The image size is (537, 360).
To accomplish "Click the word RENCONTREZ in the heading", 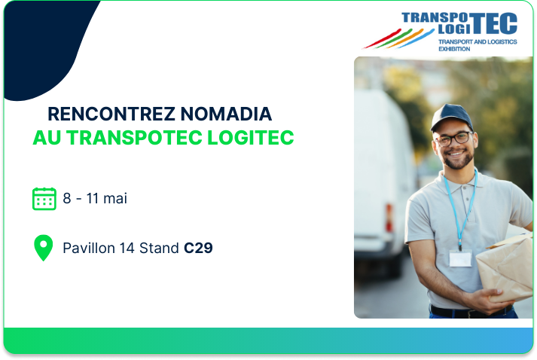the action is tap(111, 114).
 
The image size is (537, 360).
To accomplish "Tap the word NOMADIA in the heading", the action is tap(226, 114).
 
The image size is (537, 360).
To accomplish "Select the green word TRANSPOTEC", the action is tap(134, 138).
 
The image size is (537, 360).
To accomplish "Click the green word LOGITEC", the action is tap(251, 138).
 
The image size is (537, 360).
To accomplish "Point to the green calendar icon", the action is tap(44, 199).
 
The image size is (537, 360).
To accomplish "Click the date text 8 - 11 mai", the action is tap(95, 198).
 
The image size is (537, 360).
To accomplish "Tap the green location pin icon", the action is tap(44, 248).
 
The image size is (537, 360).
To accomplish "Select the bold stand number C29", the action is tap(198, 248).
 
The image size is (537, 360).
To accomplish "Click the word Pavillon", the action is tap(89, 248).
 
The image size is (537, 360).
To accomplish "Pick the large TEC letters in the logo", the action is tap(494, 23).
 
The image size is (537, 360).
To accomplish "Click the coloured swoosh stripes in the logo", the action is tap(398, 38).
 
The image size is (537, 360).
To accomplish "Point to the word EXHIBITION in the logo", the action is tap(454, 49).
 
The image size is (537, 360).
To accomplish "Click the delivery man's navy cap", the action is tap(451, 117).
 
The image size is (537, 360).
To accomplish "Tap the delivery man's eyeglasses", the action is tap(454, 139).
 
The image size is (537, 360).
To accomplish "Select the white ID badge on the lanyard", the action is tap(460, 258).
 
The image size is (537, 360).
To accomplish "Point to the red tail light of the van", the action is tap(389, 218).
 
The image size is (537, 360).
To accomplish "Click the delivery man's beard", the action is tap(458, 160).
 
